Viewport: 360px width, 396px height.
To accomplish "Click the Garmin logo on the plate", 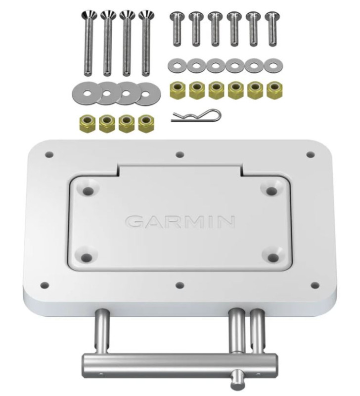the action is pyautogui.click(x=180, y=221).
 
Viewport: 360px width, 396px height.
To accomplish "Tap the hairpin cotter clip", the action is pyautogui.click(x=196, y=115).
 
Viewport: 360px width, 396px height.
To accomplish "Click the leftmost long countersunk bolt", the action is pyautogui.click(x=89, y=43).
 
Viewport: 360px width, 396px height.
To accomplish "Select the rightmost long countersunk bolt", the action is pyautogui.click(x=146, y=43).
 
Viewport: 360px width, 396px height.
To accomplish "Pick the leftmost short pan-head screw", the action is pyautogui.click(x=177, y=29).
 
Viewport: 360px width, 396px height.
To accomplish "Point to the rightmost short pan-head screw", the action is pyautogui.click(x=272, y=29).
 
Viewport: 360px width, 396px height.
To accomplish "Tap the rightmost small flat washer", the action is pyautogui.click(x=273, y=66).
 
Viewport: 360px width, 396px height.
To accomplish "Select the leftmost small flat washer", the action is pyautogui.click(x=178, y=66).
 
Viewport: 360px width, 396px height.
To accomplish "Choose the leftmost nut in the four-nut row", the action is pyautogui.click(x=87, y=123).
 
